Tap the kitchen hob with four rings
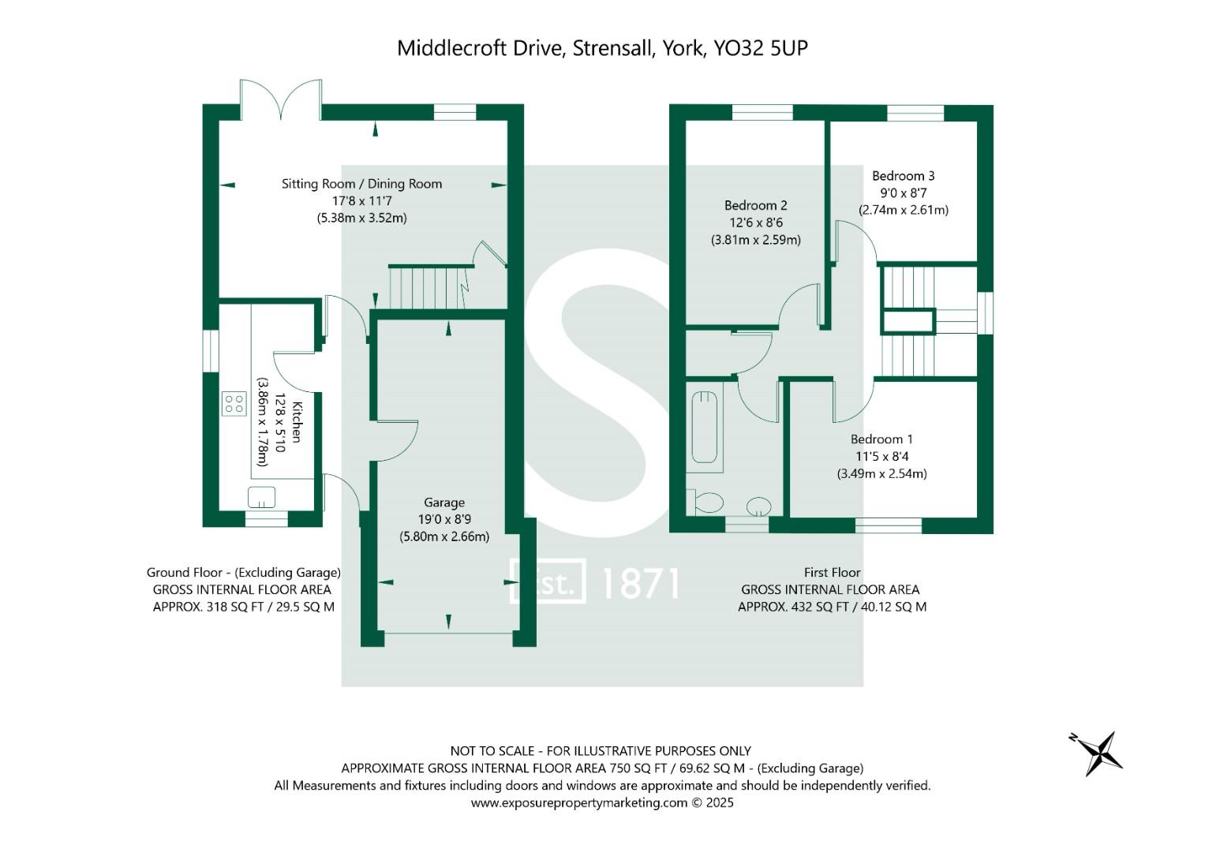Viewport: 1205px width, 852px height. click(x=234, y=404)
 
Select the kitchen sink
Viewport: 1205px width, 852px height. click(x=261, y=497)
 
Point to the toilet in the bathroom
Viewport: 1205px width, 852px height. click(x=707, y=502)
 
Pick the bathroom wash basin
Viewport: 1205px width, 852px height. click(x=759, y=506)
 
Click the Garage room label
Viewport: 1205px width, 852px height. click(x=444, y=503)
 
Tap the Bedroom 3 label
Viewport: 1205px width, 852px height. click(x=903, y=176)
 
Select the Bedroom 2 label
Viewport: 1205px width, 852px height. click(x=755, y=205)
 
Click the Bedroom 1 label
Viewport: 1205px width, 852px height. click(x=881, y=439)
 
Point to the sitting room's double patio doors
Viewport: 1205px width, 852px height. click(x=281, y=101)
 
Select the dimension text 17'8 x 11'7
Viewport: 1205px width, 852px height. click(x=362, y=201)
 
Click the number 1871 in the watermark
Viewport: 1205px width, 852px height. click(x=640, y=583)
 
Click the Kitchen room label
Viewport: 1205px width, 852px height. click(x=297, y=422)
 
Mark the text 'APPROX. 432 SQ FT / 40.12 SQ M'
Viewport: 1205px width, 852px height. click(x=832, y=607)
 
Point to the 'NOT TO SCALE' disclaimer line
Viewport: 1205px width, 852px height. click(x=600, y=751)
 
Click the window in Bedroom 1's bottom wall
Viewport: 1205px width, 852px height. click(x=888, y=525)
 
